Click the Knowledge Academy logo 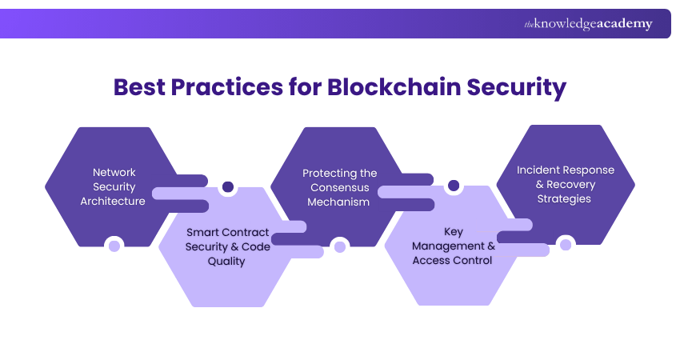coord(588,24)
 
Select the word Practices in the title coord(234,87)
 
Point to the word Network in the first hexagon coord(114,172)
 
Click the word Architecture coord(113,201)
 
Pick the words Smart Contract coord(228,232)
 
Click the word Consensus coord(340,187)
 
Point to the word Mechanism coord(340,202)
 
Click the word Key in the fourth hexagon coord(454,232)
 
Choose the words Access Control coord(453,261)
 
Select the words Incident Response coord(566,170)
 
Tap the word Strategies coord(564,198)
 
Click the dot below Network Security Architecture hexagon coord(114,245)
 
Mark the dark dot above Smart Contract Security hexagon coord(228,187)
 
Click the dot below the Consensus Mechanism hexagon coord(340,246)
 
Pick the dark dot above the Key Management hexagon coord(454,186)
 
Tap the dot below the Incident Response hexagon coord(565,244)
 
